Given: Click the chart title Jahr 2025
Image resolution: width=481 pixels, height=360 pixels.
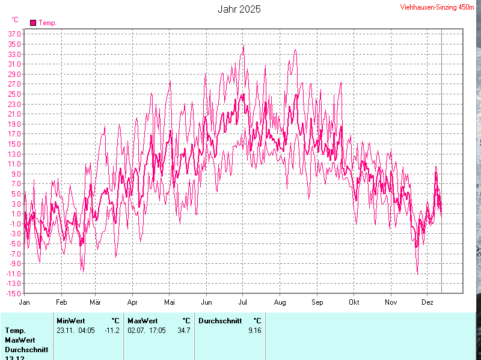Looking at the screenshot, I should coord(239,10).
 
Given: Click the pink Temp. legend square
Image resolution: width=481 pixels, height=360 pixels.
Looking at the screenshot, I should coord(33,23).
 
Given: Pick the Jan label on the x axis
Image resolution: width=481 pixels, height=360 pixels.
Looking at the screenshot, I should coord(25,302).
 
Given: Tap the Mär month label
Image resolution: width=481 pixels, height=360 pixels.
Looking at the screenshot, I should coord(95,302).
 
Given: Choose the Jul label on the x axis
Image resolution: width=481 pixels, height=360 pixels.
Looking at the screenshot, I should coord(242,302).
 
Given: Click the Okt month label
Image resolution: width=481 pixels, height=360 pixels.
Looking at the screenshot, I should coord(354,302).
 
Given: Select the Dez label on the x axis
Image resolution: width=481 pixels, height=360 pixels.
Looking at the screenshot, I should coord(427,302).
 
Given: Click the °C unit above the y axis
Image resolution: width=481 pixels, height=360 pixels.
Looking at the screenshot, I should coord(15,20).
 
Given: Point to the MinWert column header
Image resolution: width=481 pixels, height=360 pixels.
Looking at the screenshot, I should coord(70,321).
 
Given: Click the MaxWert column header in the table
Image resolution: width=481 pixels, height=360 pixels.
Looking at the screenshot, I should coord(142,321).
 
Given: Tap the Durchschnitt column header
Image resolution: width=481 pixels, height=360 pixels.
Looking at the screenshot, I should coord(220,321).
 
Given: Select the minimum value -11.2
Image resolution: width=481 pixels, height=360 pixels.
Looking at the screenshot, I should coord(112,330).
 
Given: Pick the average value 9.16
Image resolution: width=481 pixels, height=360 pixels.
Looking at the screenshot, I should coord(254,330).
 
